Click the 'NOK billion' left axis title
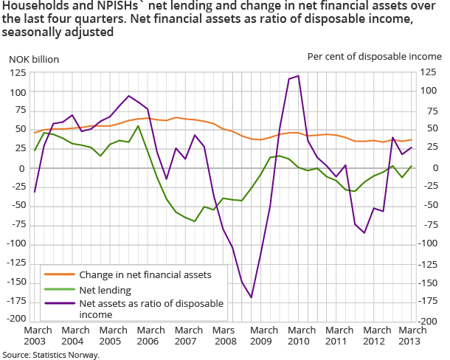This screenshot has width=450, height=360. coord(33,59)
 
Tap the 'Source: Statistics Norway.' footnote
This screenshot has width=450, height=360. coord(50,354)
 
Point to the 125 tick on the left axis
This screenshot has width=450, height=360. coord(16,72)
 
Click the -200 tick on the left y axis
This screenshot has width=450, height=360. coord(14,319)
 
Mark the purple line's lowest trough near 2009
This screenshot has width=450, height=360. coord(252,297)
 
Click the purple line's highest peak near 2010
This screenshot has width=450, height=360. coord(297,75)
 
